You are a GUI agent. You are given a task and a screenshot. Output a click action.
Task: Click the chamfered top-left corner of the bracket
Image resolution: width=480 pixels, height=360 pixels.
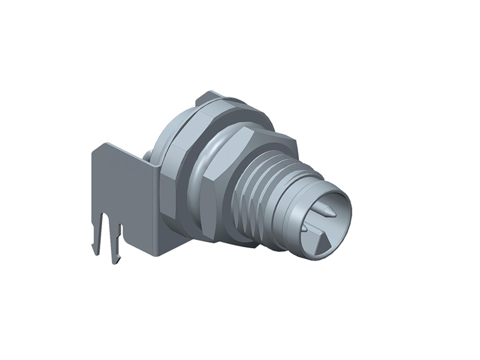(x=98, y=147)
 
